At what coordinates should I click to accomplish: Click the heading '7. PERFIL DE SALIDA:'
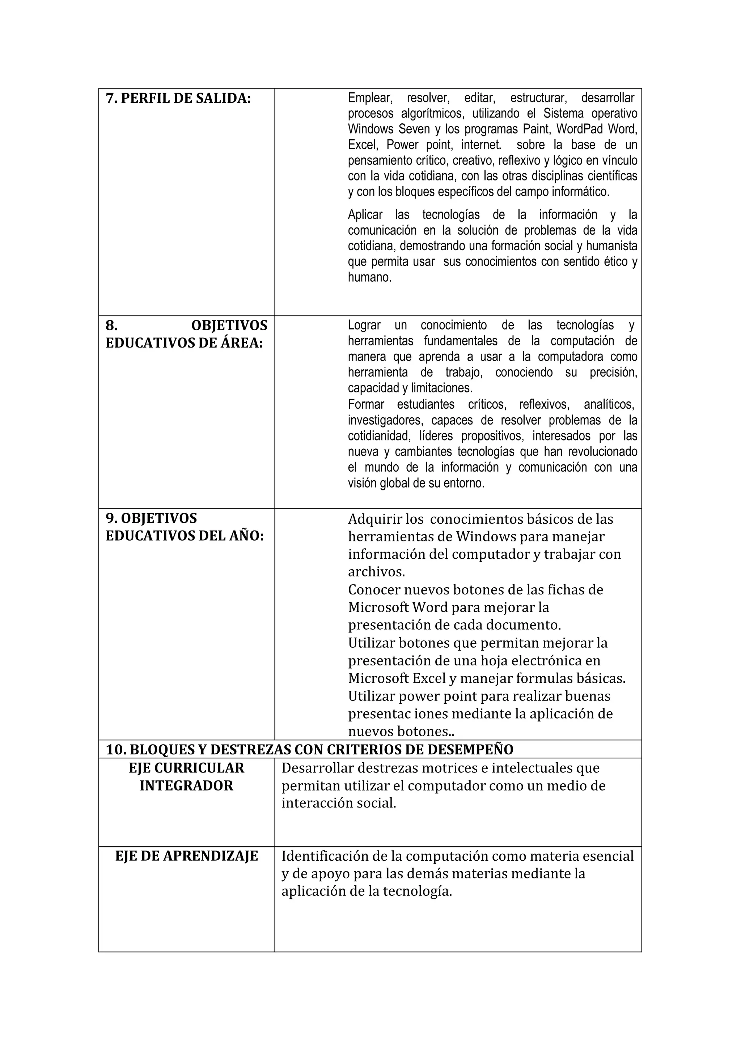coord(178,99)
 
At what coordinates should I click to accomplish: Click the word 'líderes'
coord(436,436)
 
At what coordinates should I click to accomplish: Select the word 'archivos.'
coord(377,572)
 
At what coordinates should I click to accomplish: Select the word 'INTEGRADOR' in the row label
coord(186,785)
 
